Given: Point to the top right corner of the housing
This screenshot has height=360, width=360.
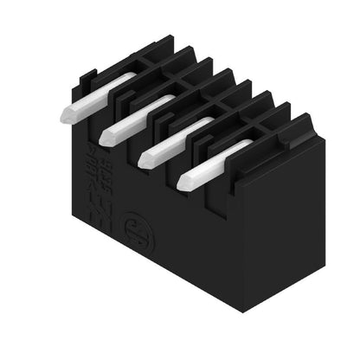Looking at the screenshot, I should [312, 130].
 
